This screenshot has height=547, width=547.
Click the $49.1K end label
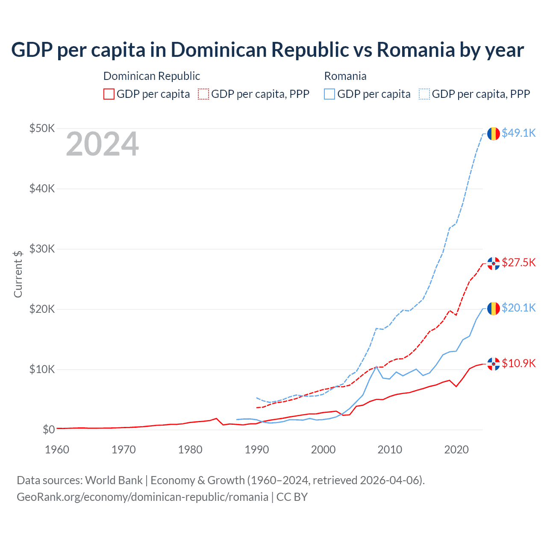(x=518, y=133)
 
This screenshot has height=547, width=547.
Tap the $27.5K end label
(x=518, y=262)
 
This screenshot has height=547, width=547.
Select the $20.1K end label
(x=518, y=308)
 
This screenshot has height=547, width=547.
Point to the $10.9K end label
(x=518, y=363)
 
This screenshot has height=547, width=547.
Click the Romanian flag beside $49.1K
(x=494, y=134)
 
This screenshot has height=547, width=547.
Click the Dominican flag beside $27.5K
(x=494, y=264)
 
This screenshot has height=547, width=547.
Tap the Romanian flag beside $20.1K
(x=494, y=309)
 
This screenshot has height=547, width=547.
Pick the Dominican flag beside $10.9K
(x=494, y=364)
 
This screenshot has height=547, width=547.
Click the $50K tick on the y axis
(x=42, y=128)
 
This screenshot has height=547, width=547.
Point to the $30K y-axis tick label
(x=42, y=249)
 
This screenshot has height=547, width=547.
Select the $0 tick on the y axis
(x=49, y=429)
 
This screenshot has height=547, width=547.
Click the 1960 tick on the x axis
(x=57, y=450)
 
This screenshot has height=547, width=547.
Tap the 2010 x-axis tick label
(x=390, y=450)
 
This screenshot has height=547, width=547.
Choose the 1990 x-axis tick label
(x=257, y=450)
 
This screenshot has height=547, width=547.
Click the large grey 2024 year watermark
(x=102, y=144)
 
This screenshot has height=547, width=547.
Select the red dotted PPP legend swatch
(x=203, y=94)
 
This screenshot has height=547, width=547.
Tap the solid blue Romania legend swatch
(x=329, y=94)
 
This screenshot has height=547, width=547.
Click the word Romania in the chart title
(x=415, y=50)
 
